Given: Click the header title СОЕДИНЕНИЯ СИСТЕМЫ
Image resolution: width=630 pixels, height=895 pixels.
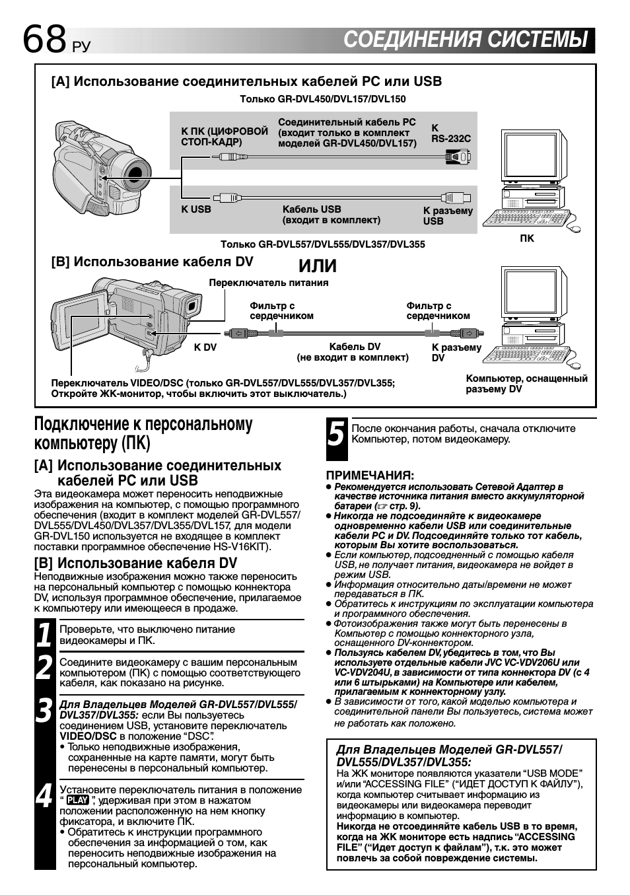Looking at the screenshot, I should tap(466, 40).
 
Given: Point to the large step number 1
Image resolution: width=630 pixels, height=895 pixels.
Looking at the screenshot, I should tap(44, 635).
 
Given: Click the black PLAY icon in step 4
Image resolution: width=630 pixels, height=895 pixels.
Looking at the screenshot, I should tap(77, 801).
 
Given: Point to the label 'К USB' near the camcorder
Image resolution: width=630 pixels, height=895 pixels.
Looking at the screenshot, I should tap(196, 209).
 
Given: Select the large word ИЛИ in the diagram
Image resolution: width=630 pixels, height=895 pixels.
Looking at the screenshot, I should tap(318, 266).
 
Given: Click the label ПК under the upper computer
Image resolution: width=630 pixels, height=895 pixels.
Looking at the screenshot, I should tap(526, 238).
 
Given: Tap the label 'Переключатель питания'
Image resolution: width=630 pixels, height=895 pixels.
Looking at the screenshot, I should tap(268, 283).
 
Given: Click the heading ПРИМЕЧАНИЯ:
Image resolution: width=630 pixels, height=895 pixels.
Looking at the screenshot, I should tap(370, 475).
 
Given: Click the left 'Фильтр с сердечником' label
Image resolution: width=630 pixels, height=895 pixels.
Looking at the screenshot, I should tap(281, 310).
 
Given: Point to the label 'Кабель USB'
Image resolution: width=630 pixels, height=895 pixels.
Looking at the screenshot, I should tap(312, 209).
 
